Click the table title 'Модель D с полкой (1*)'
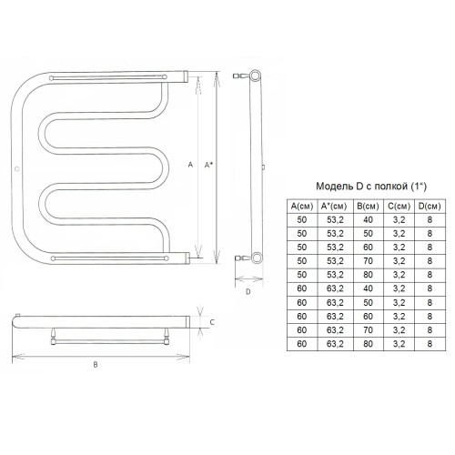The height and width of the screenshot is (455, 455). (x=371, y=187)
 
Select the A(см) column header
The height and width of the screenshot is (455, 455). (x=302, y=207)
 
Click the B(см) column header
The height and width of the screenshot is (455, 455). (x=368, y=207)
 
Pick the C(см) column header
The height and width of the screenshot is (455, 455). (x=399, y=207)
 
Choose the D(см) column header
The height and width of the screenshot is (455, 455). (x=430, y=207)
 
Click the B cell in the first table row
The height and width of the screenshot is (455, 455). (x=368, y=219)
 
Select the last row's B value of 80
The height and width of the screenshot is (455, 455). (x=368, y=344)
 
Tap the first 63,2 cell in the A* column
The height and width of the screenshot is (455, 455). (x=335, y=288)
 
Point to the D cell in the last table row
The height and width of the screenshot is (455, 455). (x=430, y=344)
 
